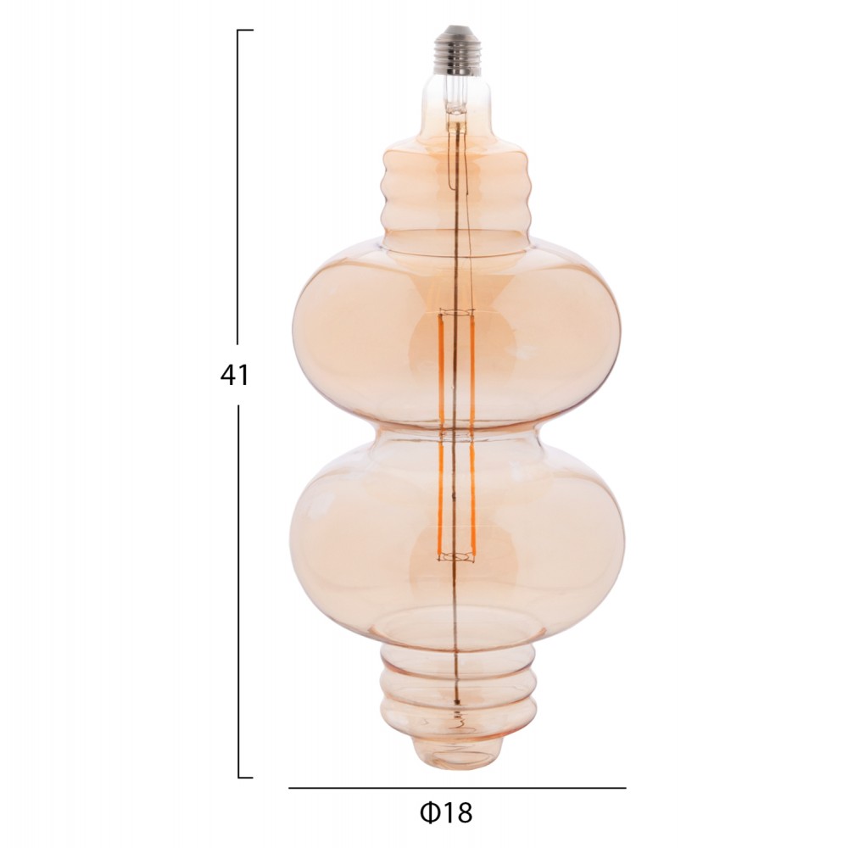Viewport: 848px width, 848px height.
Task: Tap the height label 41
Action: click(x=234, y=375)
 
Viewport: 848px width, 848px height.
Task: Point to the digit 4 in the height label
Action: click(x=227, y=375)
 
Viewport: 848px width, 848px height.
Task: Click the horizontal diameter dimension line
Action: click(x=457, y=788)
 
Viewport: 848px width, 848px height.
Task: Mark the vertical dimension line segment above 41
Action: click(x=238, y=187)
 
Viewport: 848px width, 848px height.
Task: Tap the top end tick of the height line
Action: click(x=245, y=31)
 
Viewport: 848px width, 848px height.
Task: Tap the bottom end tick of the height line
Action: click(x=245, y=777)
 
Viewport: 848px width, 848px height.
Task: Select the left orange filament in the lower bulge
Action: click(x=441, y=500)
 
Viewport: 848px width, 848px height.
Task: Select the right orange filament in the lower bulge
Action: click(x=471, y=500)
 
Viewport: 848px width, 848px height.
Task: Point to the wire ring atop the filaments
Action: click(x=455, y=314)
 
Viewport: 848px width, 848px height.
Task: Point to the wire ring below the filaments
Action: click(x=456, y=557)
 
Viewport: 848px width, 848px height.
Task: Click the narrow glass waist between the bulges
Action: click(x=457, y=437)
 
